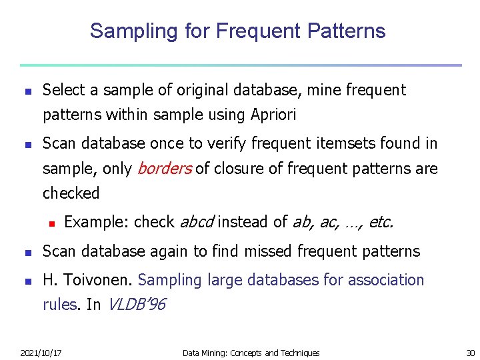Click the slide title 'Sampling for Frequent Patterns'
pos(237,31)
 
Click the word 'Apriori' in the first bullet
pos(274,115)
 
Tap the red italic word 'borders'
pos(164,169)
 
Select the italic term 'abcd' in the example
pos(197,222)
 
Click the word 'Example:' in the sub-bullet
pos(97,222)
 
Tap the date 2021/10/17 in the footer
pos(41,353)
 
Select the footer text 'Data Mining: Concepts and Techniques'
pos(251,353)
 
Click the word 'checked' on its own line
pos(71,193)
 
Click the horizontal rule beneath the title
pos(240,65)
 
